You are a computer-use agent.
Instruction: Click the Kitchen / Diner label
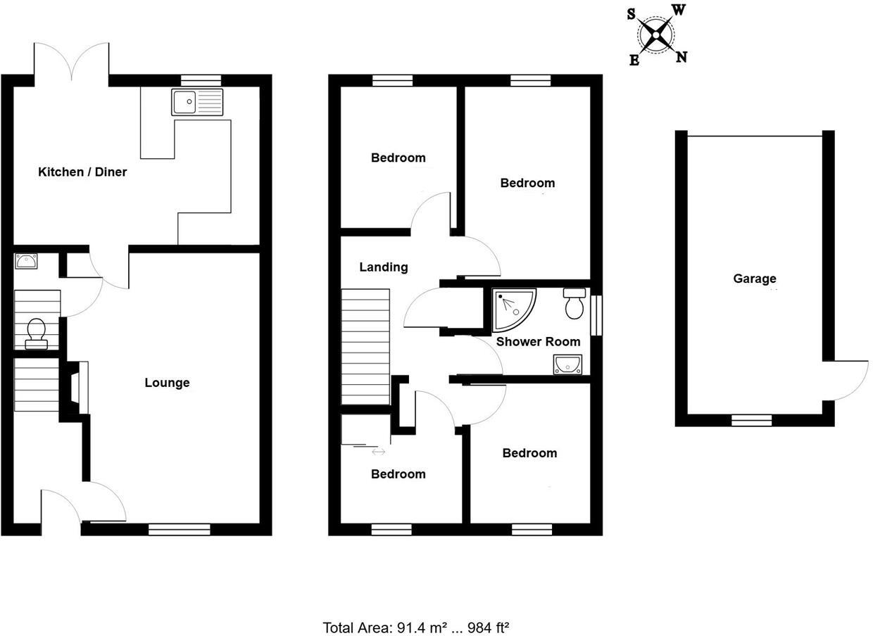click(82, 172)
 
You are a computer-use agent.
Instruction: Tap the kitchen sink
click(196, 102)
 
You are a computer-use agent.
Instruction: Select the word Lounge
click(167, 383)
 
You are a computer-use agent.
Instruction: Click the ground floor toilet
click(35, 333)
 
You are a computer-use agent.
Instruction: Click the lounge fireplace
click(78, 388)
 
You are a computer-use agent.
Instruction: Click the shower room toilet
click(574, 303)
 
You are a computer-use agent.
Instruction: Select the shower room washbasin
click(567, 364)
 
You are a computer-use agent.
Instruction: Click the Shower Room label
click(539, 342)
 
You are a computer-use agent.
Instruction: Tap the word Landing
click(383, 267)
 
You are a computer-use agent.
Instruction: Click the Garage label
click(754, 279)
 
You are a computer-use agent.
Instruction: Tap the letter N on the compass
click(681, 57)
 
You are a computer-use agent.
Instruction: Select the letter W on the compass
click(679, 9)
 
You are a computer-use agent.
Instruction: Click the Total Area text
click(415, 628)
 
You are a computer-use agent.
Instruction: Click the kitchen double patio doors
click(70, 62)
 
